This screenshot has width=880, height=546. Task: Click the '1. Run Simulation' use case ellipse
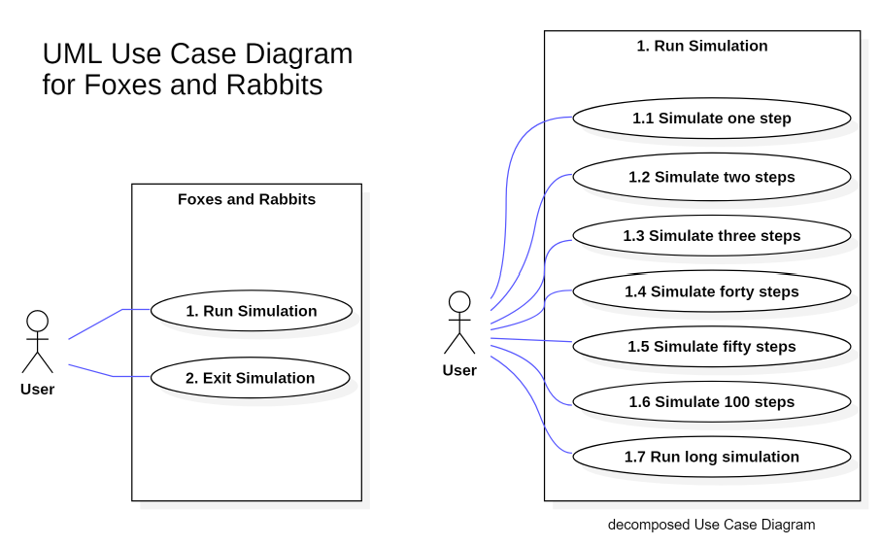pyautogui.click(x=251, y=311)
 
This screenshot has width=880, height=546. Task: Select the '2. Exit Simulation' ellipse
pyautogui.click(x=251, y=378)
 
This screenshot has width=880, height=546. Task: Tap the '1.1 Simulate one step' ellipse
pyautogui.click(x=712, y=119)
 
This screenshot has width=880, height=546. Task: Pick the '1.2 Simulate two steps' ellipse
pyautogui.click(x=712, y=177)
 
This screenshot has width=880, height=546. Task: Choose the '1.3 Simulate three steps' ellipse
pyautogui.click(x=712, y=235)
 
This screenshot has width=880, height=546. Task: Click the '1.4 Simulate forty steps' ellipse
pyautogui.click(x=712, y=291)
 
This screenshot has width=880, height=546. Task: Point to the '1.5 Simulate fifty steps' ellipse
pyautogui.click(x=712, y=347)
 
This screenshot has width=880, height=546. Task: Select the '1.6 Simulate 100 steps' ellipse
pyautogui.click(x=712, y=402)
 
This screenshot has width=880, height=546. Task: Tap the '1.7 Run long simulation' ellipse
pyautogui.click(x=712, y=457)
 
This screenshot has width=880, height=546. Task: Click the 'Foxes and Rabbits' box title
pyautogui.click(x=247, y=199)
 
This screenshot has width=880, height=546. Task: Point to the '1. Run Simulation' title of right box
pyautogui.click(x=701, y=46)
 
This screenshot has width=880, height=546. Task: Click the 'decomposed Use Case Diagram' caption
pyautogui.click(x=711, y=525)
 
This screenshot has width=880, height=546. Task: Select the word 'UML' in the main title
pyautogui.click(x=70, y=53)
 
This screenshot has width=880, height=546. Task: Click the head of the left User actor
pyautogui.click(x=37, y=322)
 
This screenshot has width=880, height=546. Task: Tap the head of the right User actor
pyautogui.click(x=459, y=302)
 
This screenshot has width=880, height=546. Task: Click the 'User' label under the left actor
pyautogui.click(x=37, y=390)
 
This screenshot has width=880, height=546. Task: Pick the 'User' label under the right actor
pyautogui.click(x=459, y=370)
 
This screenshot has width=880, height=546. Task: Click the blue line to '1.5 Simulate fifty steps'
pyautogui.click(x=534, y=340)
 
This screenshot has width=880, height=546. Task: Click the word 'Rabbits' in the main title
pyautogui.click(x=275, y=85)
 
